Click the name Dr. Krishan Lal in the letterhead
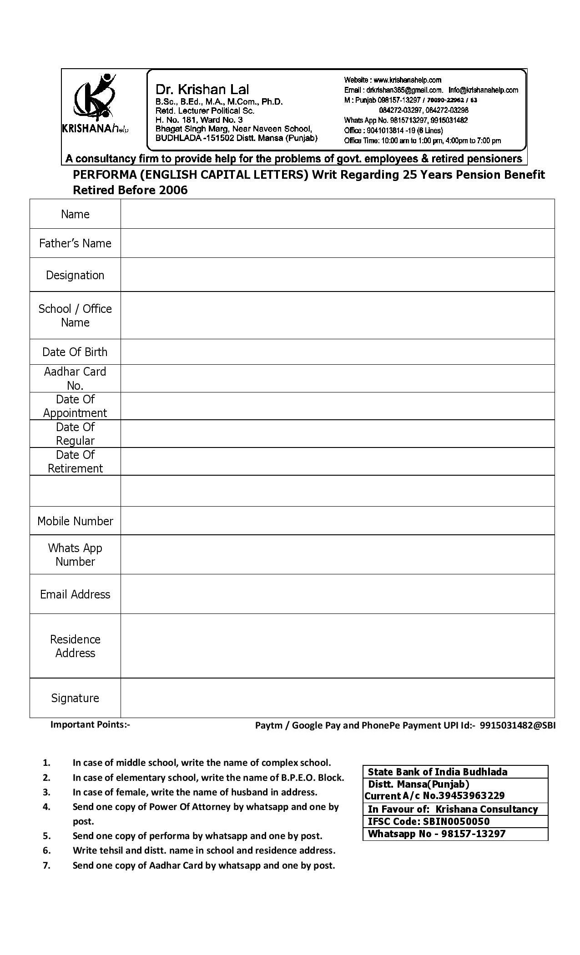tap(202, 89)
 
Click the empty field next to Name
tap(337, 214)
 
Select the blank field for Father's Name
tap(337, 243)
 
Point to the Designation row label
tap(75, 275)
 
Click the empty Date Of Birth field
tap(337, 352)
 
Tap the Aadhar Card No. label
tap(75, 378)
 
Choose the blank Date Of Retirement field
tap(337, 462)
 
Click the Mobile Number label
tap(75, 521)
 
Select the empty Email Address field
tap(337, 594)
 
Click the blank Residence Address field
tap(337, 646)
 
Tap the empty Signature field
tap(337, 698)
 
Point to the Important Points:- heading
tap(90, 724)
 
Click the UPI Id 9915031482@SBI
tap(517, 725)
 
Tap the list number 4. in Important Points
tap(46, 807)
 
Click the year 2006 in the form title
tap(173, 190)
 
